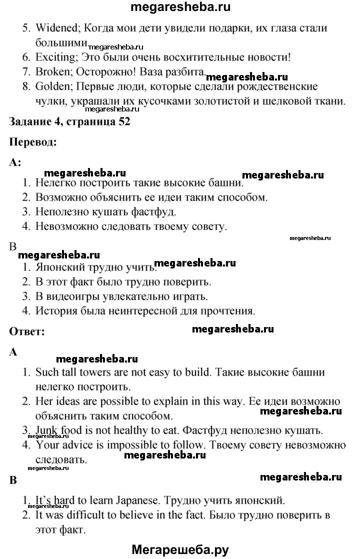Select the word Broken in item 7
tap(53, 72)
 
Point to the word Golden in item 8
tap(53, 86)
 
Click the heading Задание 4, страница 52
tap(70, 122)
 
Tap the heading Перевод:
tap(33, 141)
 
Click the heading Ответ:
tap(27, 331)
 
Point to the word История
tap(57, 311)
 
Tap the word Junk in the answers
tap(46, 430)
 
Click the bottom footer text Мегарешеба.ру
tap(180, 549)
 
